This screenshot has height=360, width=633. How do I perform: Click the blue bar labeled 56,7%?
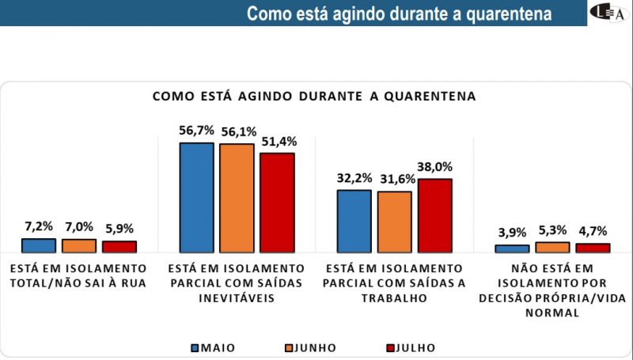click(x=196, y=198)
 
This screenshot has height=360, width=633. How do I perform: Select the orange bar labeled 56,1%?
click(x=237, y=198)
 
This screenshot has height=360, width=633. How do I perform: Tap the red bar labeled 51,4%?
click(x=277, y=203)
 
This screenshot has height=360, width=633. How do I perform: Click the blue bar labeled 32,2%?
click(x=354, y=221)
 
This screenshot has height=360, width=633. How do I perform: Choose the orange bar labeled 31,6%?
click(x=395, y=222)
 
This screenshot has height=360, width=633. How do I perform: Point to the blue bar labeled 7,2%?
click(x=39, y=245)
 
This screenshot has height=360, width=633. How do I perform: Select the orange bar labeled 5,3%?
click(x=552, y=248)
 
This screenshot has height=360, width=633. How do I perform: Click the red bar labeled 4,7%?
click(x=593, y=248)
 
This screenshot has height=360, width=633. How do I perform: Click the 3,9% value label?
click(x=512, y=233)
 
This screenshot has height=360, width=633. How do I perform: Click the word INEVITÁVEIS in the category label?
click(x=236, y=299)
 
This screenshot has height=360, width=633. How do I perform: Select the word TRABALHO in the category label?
click(x=393, y=299)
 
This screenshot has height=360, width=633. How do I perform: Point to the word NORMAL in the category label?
click(x=552, y=313)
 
